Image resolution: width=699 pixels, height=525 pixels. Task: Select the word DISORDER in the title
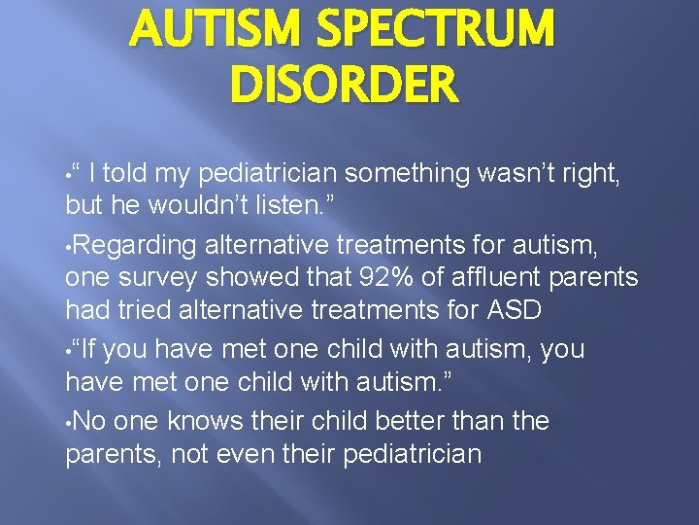click(x=343, y=84)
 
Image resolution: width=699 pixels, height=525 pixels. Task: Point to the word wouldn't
click(x=223, y=206)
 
